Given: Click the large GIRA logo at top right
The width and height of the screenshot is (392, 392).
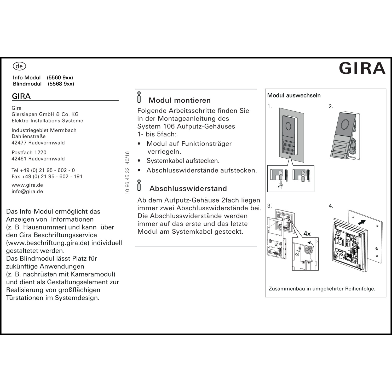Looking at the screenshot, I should tap(362, 68).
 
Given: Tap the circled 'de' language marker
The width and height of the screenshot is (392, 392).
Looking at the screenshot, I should tap(19, 66).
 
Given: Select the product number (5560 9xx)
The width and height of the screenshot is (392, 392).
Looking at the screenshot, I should tap(60, 78).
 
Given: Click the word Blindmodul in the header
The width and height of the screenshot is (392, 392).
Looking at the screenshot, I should tap(27, 84).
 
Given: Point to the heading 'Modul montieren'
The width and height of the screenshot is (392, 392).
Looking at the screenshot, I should tap(180, 100).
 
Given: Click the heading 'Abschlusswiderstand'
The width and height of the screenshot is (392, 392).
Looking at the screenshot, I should tap(188, 188).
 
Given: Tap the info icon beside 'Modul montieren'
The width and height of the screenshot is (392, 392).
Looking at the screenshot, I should tap(139, 97).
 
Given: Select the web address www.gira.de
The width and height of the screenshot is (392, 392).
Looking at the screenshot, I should tap(27, 185).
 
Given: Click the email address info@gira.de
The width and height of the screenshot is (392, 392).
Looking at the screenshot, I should tap(27, 191).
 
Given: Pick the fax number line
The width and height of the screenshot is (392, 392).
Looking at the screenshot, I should tap(47, 176).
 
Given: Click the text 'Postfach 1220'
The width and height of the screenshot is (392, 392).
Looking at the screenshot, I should tap(29, 152).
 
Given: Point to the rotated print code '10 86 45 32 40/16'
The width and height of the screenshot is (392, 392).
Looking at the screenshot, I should tap(128, 172).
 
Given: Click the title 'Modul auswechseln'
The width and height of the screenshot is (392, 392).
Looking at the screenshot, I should tap(294, 95).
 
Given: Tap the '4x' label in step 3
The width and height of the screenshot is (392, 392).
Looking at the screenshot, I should tap(307, 234).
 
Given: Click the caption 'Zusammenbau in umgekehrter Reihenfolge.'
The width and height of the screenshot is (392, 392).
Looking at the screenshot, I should tap(322, 289).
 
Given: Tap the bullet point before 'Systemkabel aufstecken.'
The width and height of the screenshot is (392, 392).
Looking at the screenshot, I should tap(139, 161).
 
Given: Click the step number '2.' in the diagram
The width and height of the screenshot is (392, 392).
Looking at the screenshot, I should tap(331, 106).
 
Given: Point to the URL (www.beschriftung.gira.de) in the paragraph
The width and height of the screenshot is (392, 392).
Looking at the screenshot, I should tap(48, 243).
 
